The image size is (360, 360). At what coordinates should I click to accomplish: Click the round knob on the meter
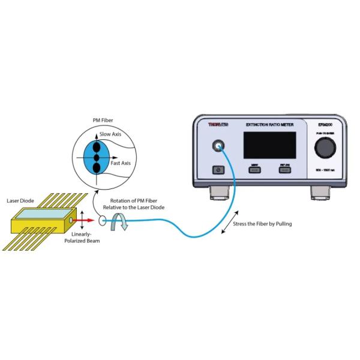(x=325, y=146)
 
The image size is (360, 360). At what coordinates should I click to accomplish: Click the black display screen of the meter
(x=268, y=145)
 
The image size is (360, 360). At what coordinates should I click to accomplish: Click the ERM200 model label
(x=324, y=124)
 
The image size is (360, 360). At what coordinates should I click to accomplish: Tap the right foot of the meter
(x=318, y=191)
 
